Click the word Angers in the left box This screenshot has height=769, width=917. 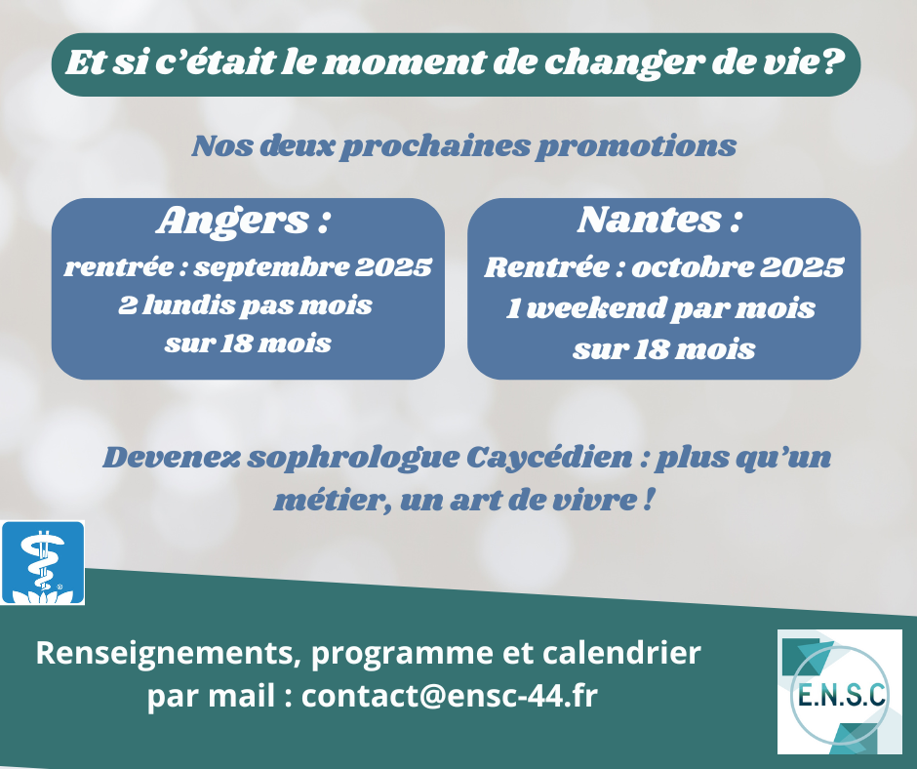tap(233, 222)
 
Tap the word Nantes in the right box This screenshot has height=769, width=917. tap(649, 220)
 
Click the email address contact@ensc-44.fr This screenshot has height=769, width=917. tap(449, 696)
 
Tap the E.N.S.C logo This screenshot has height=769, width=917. tap(839, 691)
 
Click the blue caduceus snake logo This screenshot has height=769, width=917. tap(43, 562)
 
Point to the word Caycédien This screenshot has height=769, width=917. tap(549, 458)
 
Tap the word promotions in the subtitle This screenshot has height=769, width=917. tap(636, 146)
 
